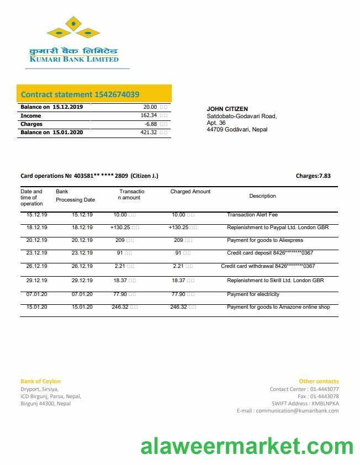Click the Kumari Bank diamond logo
point(73,28)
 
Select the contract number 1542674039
point(117,94)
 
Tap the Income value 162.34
point(149,115)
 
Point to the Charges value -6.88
point(151,124)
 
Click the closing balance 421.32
point(149,133)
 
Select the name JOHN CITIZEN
point(227,109)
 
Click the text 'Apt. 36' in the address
point(216,123)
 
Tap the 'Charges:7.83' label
point(313,176)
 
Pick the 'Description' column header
point(262,196)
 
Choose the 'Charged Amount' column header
point(190,192)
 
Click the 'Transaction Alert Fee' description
point(252,214)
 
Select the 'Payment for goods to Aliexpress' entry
point(265,240)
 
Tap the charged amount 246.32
point(179,307)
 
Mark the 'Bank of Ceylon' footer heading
point(40,381)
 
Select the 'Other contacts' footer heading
point(319,381)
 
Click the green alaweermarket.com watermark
point(246,446)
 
